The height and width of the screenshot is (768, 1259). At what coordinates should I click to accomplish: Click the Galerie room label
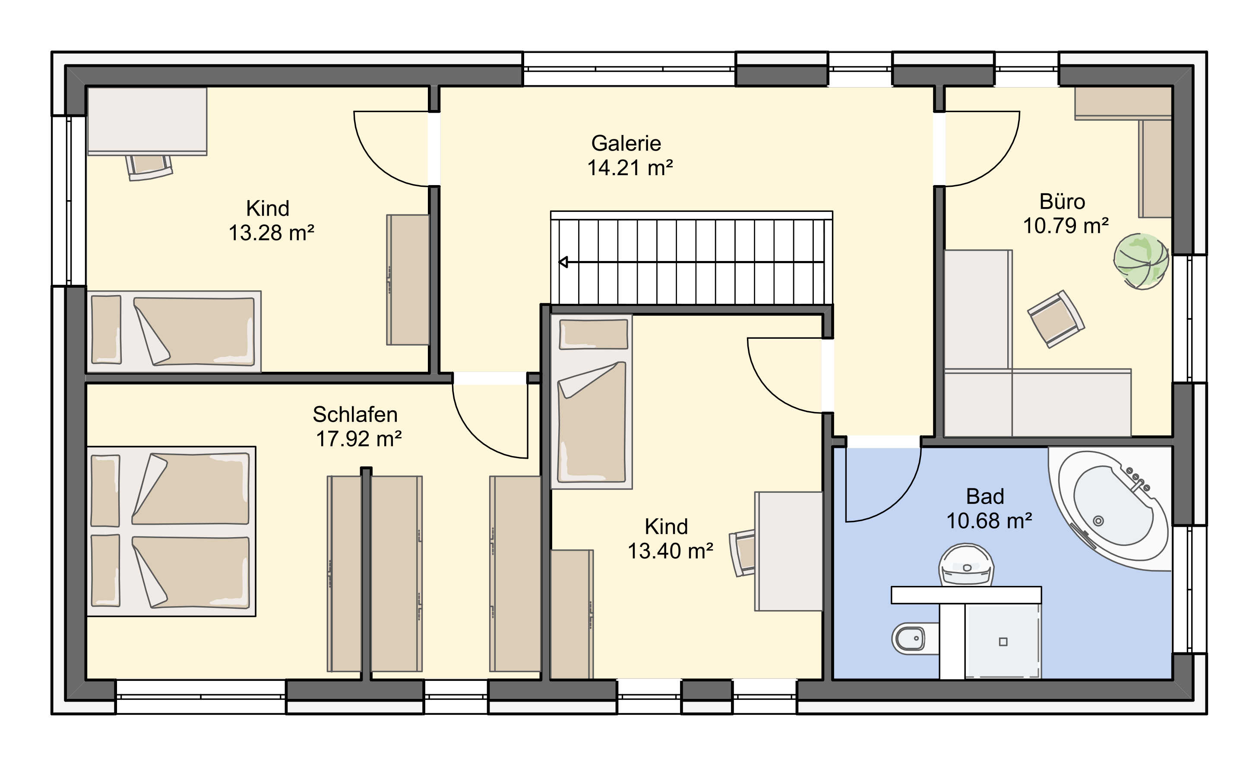pos(626,144)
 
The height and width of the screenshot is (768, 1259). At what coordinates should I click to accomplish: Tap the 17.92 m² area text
pos(359,439)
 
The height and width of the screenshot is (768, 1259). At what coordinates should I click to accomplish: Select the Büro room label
pos(1062,201)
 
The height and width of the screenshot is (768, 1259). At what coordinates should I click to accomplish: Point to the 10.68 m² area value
pos(989,520)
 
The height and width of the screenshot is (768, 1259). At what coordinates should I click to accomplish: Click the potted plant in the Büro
pos(1141,261)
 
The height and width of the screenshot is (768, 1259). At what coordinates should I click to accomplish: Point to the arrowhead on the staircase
pos(563,262)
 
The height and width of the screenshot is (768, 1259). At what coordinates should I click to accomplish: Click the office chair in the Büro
pos(1056,319)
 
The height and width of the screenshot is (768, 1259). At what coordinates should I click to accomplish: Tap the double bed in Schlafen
pos(171,531)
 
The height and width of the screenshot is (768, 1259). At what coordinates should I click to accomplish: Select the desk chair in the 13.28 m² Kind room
pos(149,167)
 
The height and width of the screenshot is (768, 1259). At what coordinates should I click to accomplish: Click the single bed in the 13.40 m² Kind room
pos(591,401)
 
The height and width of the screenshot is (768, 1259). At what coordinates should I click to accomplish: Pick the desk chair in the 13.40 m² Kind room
pos(743,554)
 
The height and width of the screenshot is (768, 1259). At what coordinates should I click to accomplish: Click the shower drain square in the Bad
pos(1003,642)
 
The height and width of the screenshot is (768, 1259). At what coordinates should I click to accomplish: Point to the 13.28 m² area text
pos(271,233)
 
